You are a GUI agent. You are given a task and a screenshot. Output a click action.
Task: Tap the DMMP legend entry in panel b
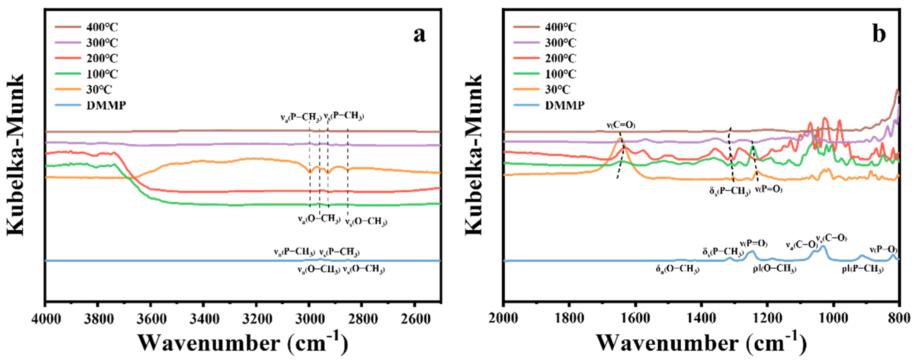[564, 105]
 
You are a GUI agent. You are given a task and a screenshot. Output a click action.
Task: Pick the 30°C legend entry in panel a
[99, 90]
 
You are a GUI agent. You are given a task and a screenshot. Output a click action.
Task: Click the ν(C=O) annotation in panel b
[621, 125]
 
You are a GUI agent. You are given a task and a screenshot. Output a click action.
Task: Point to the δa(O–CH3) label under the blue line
[677, 269]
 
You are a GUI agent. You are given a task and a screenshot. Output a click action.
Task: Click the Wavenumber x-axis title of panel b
[701, 343]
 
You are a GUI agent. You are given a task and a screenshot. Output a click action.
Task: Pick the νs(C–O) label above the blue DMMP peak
[831, 238]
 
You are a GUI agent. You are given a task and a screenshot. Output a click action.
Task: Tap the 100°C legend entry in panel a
[102, 74]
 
